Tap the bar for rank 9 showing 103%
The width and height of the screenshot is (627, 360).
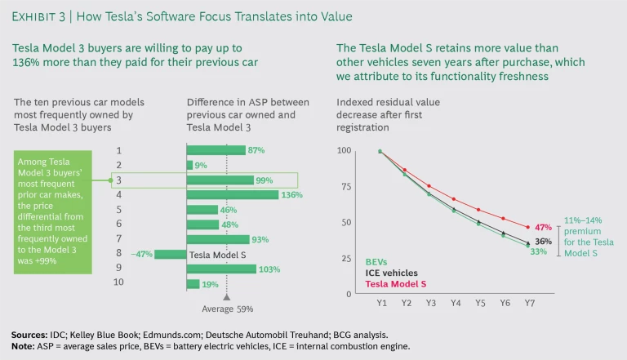coord(221,269)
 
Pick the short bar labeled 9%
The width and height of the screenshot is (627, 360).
coord(189,165)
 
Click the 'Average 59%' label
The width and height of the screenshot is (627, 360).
coord(227,309)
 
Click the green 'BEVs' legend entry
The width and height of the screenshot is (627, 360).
coord(378,262)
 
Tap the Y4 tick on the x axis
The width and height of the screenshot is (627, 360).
coord(456,303)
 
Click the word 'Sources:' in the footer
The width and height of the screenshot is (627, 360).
coord(31,335)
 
